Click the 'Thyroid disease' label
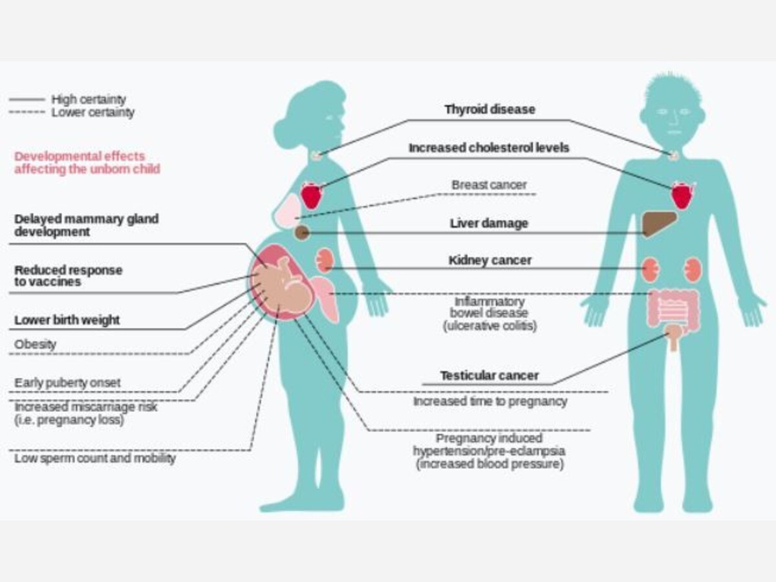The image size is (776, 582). coord(490,109)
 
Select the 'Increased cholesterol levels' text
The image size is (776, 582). coord(489,148)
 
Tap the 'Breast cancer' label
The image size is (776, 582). coord(489,185)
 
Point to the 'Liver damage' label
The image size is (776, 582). coord(489,224)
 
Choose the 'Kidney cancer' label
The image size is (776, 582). coord(490,261)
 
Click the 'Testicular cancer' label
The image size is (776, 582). coord(490,376)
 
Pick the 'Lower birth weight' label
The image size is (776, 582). coord(67,320)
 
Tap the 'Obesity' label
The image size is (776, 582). coord(36,345)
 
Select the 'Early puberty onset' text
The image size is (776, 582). coord(67,383)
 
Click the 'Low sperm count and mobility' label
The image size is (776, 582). coord(95,458)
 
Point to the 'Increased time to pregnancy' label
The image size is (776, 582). coord(490,402)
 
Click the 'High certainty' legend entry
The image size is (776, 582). coord(88,100)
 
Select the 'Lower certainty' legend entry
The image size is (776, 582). coord(92,113)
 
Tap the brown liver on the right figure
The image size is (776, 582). coord(659,224)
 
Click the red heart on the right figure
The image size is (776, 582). coord(681,195)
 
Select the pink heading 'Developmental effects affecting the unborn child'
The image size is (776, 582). coord(87,162)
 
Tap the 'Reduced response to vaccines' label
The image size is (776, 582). coord(68,276)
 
